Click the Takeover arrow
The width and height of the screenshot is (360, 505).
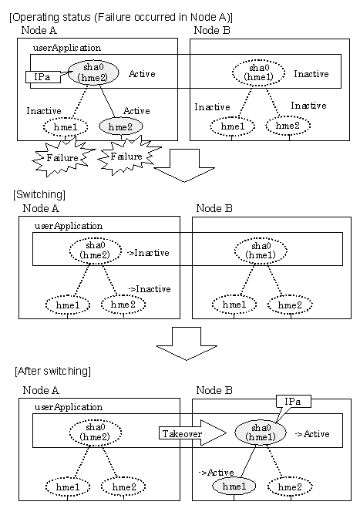pyautogui.click(x=193, y=433)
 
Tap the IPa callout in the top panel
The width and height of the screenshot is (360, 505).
pyautogui.click(x=43, y=77)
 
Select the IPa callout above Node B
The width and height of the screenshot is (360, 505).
pyautogui.click(x=294, y=402)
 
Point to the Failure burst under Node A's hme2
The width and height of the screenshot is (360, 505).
pyautogui.click(x=127, y=157)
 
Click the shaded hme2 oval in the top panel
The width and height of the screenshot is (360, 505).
pyautogui.click(x=121, y=126)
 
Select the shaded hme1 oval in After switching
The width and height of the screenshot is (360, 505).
pyautogui.click(x=234, y=486)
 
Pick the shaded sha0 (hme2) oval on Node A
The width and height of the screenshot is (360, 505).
pyautogui.click(x=93, y=72)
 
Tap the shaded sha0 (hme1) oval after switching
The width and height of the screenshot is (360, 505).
pyautogui.click(x=261, y=433)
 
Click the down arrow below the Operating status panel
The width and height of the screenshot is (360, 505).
pyautogui.click(x=184, y=165)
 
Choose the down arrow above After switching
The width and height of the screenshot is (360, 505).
pyautogui.click(x=187, y=343)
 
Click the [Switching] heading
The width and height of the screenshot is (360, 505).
pyautogui.click(x=39, y=194)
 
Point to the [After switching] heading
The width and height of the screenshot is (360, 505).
pyautogui.click(x=53, y=371)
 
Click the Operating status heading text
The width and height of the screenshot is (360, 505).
pyautogui.click(x=121, y=17)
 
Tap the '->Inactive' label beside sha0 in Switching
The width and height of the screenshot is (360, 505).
pyautogui.click(x=149, y=253)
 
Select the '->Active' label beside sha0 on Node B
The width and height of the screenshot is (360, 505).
pyautogui.click(x=312, y=434)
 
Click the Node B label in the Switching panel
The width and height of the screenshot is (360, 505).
pyautogui.click(x=214, y=208)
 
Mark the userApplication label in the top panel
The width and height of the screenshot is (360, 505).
pyautogui.click(x=67, y=48)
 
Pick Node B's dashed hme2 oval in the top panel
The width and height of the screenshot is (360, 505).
pyautogui.click(x=288, y=125)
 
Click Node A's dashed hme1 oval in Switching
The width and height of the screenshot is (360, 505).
pyautogui.click(x=68, y=305)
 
